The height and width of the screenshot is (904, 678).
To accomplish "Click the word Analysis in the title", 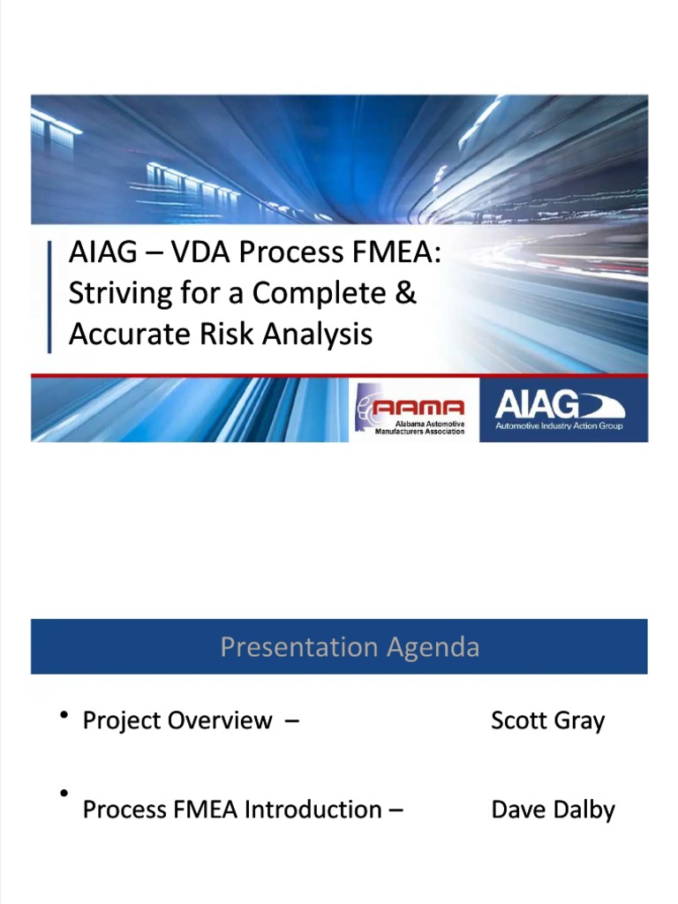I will click(319, 335).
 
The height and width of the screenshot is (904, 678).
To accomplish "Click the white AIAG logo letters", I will click(537, 405).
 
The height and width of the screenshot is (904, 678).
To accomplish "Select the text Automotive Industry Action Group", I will click(559, 426).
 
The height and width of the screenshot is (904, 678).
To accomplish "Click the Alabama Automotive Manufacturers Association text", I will click(419, 427).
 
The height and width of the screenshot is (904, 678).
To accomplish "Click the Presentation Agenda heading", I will click(350, 647).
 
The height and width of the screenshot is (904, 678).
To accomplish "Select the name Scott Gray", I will click(547, 720).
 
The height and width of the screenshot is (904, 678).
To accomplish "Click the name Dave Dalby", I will click(553, 810).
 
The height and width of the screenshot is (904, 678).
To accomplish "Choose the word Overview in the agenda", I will click(221, 720).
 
